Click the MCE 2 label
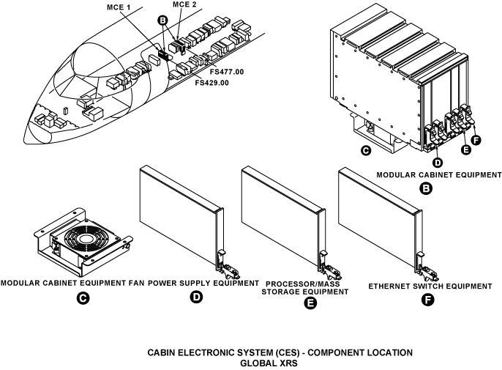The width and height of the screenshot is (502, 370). tap(184, 5)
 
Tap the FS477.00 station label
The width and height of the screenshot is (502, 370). tap(227, 71)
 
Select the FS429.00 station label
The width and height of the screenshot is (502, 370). tap(212, 83)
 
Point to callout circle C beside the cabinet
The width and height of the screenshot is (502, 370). tap(365, 152)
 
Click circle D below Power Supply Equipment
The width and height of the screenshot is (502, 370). tap(196, 298)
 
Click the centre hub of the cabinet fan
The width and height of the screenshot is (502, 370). tap(83, 242)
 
